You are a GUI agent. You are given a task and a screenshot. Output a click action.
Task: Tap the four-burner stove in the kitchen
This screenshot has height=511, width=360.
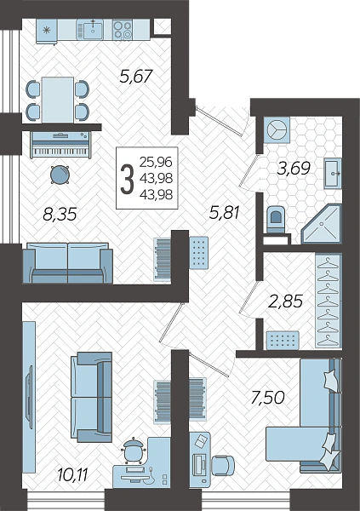click(x=123, y=29)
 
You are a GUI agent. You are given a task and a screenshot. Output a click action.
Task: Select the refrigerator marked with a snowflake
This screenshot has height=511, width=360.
click(x=47, y=31)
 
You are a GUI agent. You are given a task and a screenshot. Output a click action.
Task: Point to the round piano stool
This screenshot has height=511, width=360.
click(x=60, y=175)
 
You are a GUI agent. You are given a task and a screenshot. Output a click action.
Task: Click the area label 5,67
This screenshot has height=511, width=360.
click(x=136, y=77)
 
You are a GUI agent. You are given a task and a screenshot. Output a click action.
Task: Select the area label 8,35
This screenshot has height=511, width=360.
click(x=60, y=215)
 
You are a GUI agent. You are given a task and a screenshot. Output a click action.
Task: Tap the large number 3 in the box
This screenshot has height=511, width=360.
click(x=127, y=178)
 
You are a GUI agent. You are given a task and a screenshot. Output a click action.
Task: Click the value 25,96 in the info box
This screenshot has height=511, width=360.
click(x=156, y=162)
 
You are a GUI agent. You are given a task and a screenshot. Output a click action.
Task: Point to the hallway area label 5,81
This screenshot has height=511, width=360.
click(x=225, y=213)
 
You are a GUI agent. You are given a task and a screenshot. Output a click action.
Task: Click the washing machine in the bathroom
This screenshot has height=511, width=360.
click(x=277, y=129)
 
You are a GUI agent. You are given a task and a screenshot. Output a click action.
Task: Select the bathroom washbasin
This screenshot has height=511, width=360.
click(x=333, y=174)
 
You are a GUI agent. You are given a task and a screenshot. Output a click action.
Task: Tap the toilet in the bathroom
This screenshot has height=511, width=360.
click(x=276, y=219)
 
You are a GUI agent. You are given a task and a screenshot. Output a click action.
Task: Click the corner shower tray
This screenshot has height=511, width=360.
click(x=322, y=224)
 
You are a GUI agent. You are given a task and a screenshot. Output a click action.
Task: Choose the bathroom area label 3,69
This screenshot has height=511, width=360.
click(x=294, y=169)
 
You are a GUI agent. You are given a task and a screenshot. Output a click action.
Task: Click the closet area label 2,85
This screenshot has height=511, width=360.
click(x=286, y=301)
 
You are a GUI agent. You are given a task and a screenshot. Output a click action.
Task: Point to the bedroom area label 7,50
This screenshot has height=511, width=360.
click(x=268, y=398)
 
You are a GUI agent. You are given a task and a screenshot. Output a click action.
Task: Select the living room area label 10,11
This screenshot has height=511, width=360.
click(x=72, y=474)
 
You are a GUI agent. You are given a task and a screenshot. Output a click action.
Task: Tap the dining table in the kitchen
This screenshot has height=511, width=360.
click(x=58, y=100)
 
